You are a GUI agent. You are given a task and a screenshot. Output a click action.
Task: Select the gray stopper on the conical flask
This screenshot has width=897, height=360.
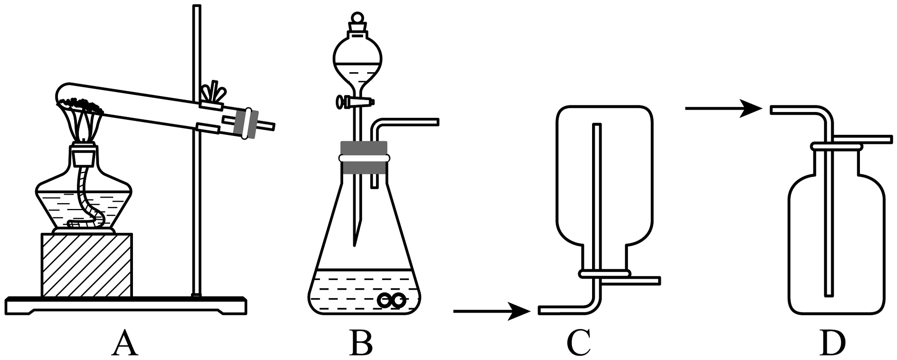coord(364,158)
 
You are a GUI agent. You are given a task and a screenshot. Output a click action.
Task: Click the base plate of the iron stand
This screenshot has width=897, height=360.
coord(126,305)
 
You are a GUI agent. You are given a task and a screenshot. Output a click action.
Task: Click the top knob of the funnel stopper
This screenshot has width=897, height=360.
coord(358,18)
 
